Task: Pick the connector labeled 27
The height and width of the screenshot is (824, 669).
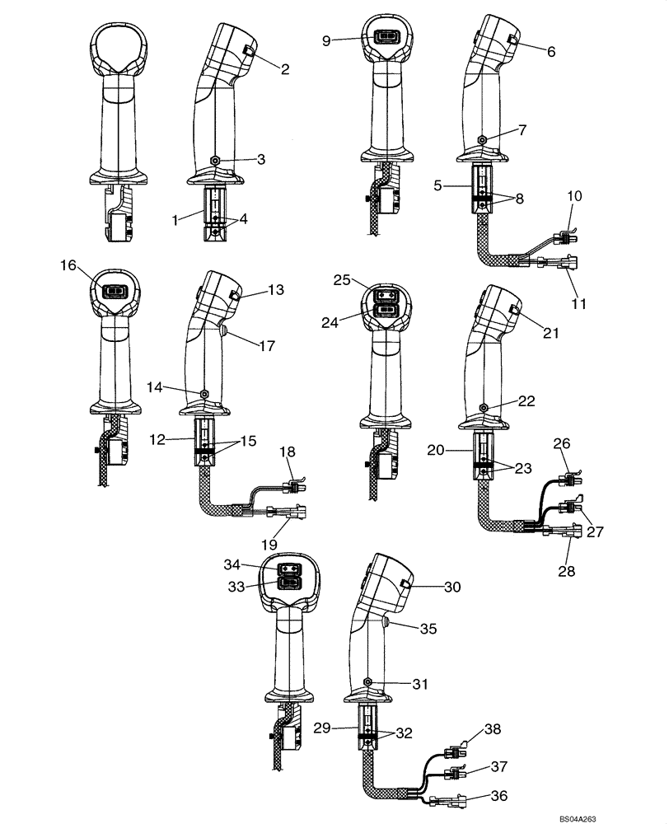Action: [568, 505]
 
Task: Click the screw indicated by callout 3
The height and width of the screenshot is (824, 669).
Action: [214, 161]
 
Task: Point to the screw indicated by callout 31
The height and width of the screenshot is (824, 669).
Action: [366, 681]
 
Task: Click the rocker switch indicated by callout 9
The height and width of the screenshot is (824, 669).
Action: [385, 37]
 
